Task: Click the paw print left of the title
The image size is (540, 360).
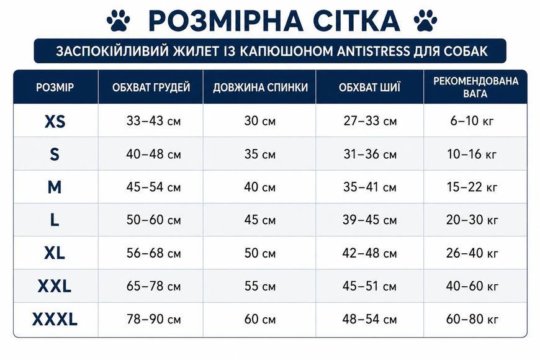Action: click(119, 20)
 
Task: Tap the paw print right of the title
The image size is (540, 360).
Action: click(425, 20)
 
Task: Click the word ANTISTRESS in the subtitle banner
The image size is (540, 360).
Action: click(373, 51)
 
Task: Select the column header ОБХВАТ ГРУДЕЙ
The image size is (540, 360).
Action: click(151, 87)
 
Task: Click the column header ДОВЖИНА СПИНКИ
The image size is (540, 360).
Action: click(260, 88)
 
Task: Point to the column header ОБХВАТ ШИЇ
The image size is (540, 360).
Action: click(369, 87)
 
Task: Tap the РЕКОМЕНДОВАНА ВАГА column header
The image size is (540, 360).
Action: click(475, 87)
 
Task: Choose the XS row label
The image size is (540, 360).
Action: click(55, 121)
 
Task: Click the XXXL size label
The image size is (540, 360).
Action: click(55, 320)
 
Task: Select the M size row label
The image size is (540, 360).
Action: click(55, 187)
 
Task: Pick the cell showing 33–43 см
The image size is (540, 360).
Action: click(153, 121)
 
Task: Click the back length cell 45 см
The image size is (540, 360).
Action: click(260, 220)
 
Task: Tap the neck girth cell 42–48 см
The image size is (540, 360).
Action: click(369, 253)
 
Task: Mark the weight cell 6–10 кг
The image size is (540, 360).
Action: click(472, 121)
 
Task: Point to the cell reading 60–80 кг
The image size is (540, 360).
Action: click(472, 320)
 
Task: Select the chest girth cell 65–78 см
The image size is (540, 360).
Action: click(153, 286)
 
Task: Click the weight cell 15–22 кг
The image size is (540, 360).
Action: click(472, 187)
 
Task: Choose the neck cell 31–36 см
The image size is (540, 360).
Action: click(370, 154)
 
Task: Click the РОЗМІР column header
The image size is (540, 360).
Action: click(55, 87)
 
